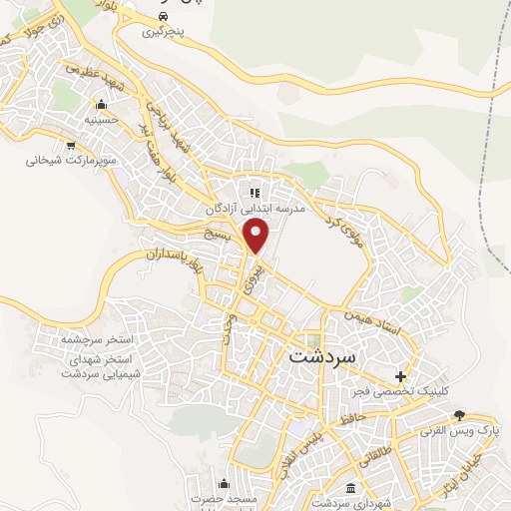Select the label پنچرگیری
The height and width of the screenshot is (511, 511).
pyautogui.click(x=164, y=32)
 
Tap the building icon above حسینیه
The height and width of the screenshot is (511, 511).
pyautogui.click(x=100, y=105)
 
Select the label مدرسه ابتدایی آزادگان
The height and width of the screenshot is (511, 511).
pyautogui.click(x=253, y=209)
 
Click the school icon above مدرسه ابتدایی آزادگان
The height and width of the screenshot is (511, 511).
pyautogui.click(x=253, y=192)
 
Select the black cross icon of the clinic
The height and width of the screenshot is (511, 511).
pyautogui.click(x=400, y=377)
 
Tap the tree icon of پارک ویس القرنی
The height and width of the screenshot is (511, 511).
pyautogui.click(x=459, y=414)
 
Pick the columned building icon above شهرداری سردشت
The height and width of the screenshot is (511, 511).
pyautogui.click(x=350, y=489)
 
